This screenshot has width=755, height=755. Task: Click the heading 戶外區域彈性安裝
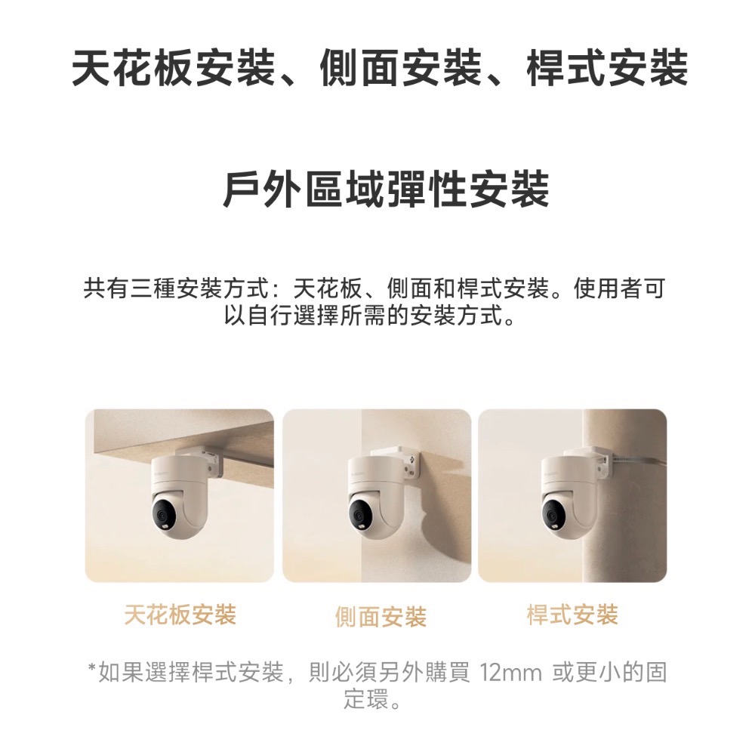385,190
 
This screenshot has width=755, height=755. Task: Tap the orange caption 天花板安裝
180,615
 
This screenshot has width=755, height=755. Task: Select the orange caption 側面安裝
381,618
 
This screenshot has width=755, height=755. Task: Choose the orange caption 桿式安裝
572,615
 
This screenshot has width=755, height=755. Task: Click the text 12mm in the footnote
510,671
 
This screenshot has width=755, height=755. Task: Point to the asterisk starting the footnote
92,670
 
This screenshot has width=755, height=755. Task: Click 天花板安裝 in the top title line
173,67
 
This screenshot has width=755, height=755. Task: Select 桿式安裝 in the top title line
607,67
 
